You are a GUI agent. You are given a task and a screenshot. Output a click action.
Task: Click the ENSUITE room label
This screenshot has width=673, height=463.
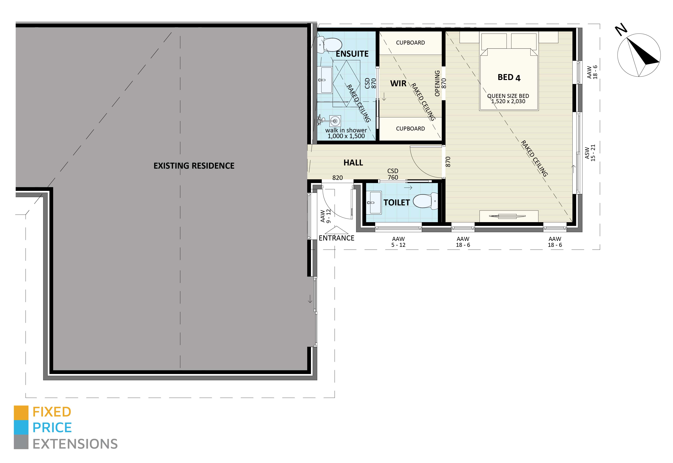352,54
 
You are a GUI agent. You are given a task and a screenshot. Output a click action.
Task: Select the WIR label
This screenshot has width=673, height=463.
398,83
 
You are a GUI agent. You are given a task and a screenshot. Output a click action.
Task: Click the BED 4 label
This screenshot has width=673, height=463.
509,78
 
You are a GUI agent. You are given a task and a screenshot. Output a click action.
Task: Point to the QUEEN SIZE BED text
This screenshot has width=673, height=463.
508,96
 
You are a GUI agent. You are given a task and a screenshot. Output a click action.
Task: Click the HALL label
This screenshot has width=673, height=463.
353,163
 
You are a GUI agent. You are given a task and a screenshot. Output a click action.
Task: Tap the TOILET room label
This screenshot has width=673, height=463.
396,202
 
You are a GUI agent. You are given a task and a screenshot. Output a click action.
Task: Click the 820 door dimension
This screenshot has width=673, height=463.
337,178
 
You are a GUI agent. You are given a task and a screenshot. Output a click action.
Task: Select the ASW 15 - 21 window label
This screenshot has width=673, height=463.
590,153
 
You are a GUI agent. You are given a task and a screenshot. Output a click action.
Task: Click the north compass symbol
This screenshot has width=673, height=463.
639,55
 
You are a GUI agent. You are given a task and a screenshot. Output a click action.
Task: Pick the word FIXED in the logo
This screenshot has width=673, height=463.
52,412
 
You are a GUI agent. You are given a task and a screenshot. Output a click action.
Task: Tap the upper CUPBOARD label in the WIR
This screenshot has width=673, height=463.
410,43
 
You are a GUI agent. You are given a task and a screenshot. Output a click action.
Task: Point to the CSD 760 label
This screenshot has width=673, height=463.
393,174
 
